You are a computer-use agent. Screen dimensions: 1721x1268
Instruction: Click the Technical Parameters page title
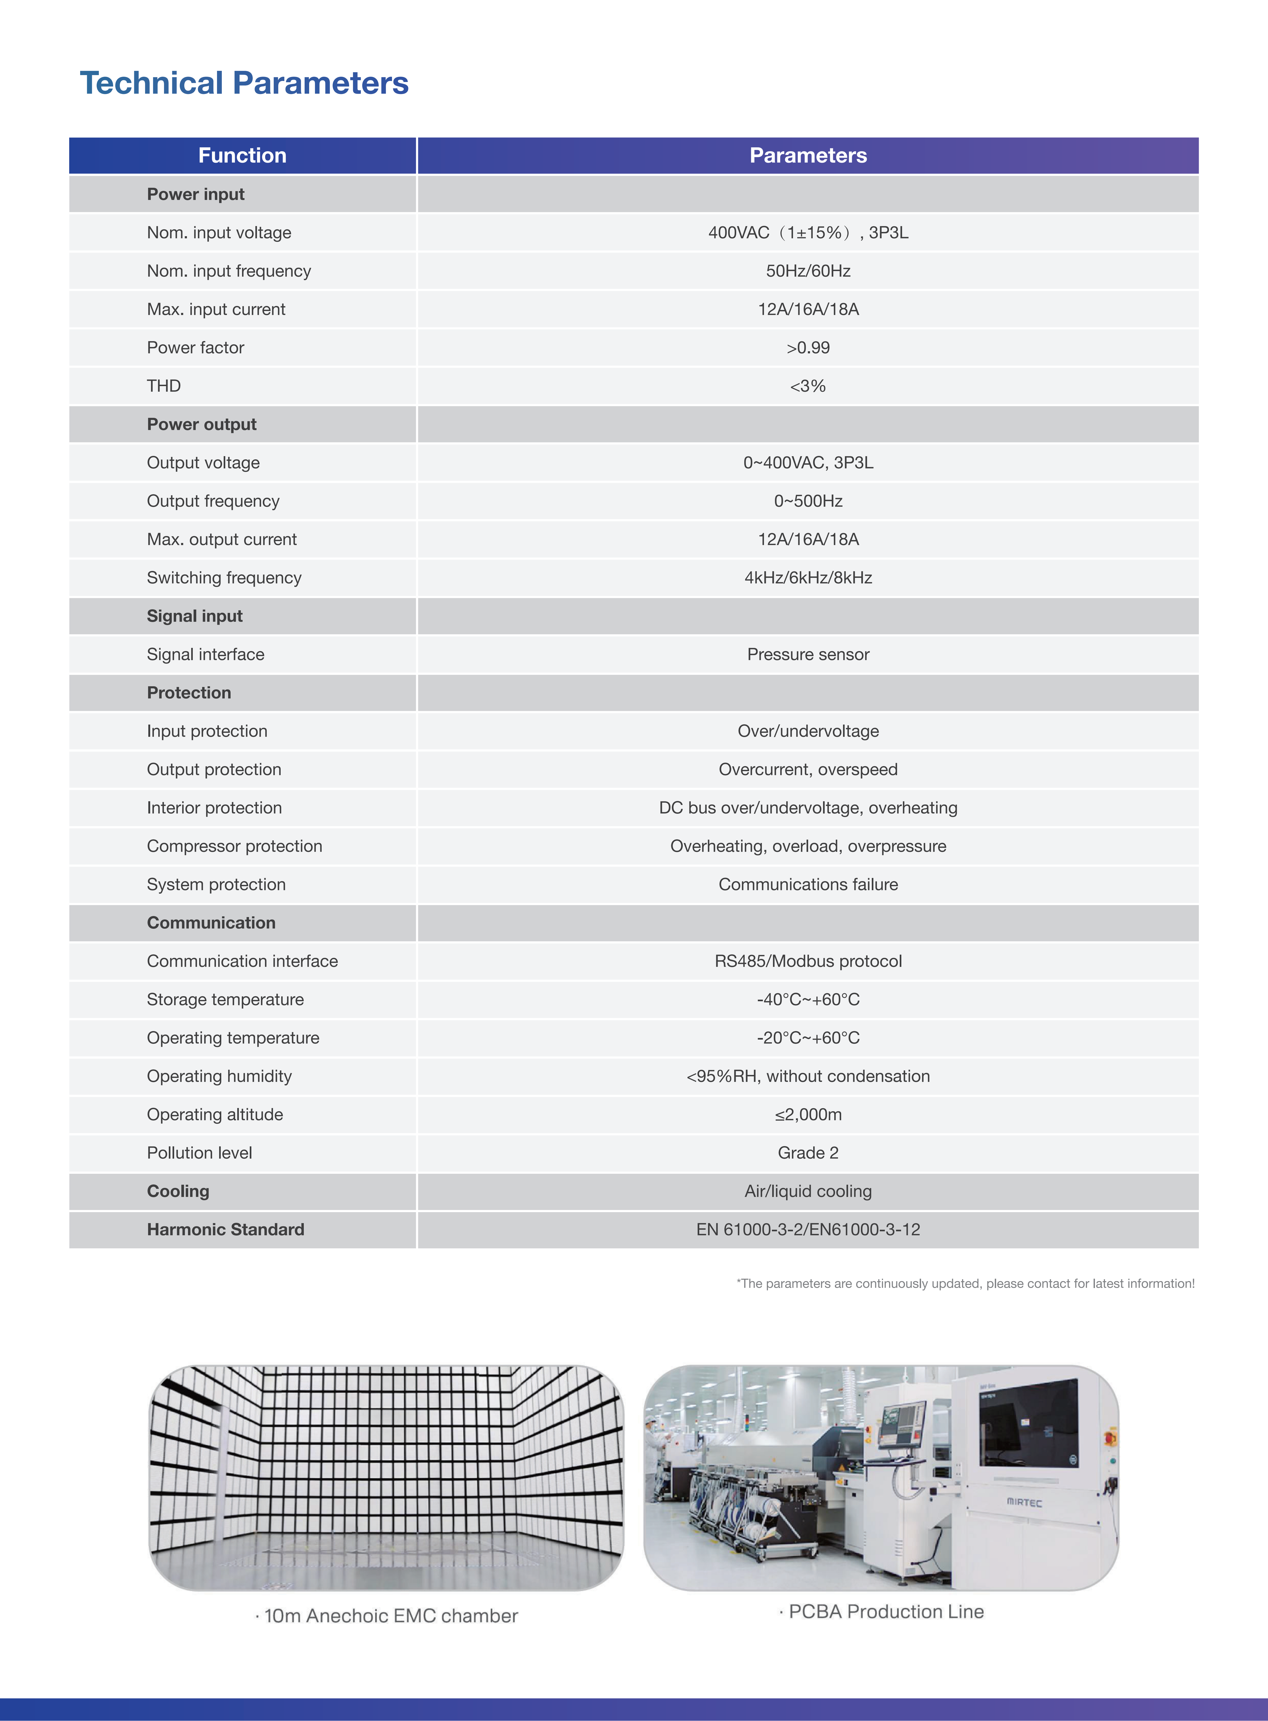244,83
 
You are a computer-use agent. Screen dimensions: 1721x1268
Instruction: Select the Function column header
243,156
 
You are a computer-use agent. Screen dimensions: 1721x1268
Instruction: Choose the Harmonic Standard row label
226,1230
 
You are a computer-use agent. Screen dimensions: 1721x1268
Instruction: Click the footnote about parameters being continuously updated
965,1283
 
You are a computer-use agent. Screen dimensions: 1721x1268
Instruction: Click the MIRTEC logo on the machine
1024,1502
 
